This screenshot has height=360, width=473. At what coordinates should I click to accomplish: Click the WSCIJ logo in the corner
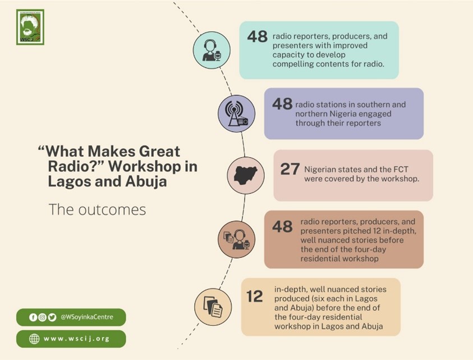click(x=30, y=27)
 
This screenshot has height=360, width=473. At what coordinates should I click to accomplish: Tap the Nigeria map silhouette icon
click(x=246, y=175)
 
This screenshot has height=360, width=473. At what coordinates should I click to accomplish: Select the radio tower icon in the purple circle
click(x=237, y=113)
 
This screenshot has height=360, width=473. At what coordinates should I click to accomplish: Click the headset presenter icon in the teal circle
click(x=212, y=51)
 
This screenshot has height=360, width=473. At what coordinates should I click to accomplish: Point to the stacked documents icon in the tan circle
click(x=213, y=307)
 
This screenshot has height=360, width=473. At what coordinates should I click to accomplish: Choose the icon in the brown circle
click(x=237, y=239)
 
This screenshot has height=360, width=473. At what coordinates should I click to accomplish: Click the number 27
click(x=290, y=169)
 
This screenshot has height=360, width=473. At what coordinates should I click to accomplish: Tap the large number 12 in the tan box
click(x=254, y=297)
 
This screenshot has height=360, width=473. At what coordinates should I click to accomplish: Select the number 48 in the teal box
click(x=258, y=37)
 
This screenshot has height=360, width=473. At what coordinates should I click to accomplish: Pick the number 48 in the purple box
click(x=282, y=104)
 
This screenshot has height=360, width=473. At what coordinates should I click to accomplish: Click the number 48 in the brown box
click(x=282, y=226)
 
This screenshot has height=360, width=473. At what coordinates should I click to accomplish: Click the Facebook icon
click(x=33, y=317)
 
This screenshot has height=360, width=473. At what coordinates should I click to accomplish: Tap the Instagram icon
click(x=43, y=317)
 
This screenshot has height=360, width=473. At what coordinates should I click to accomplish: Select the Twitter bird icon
click(x=52, y=317)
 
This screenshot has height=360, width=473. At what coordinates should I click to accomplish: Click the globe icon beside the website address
click(x=34, y=339)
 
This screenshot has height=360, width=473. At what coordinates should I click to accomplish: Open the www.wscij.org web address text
click(x=77, y=339)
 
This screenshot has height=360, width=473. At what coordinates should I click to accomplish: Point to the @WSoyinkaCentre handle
click(x=87, y=317)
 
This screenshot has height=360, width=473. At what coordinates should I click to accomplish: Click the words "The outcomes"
click(x=97, y=209)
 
